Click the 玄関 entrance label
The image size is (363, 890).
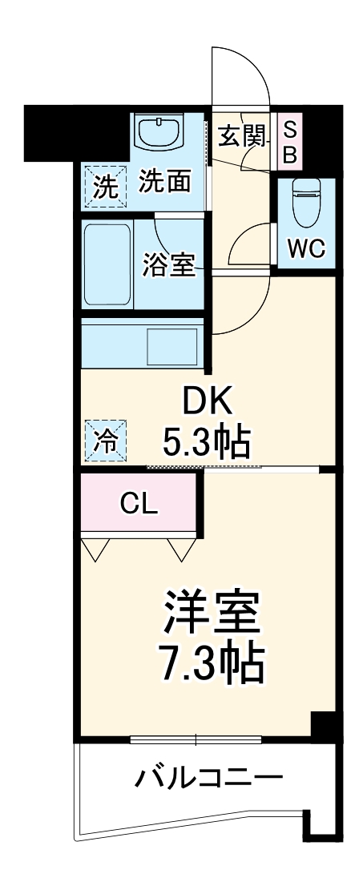241,137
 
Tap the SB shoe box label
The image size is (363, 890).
290,142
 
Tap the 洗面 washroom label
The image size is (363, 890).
165,182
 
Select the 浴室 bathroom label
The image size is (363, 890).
169,264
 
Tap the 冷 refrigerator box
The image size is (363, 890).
105,440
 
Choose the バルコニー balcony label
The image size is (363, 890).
208,776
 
